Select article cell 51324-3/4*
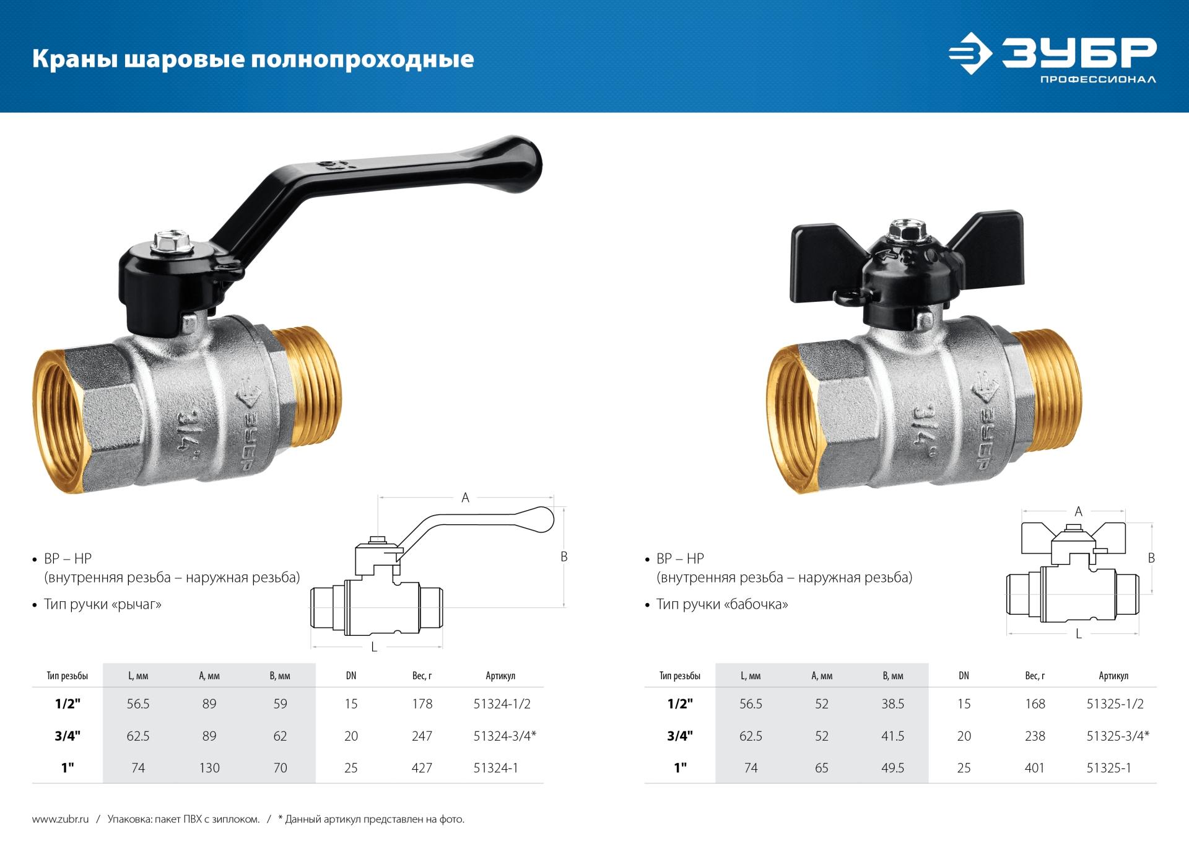pyautogui.click(x=504, y=736)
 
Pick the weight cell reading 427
pyautogui.click(x=422, y=768)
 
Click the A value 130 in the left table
pyautogui.click(x=209, y=768)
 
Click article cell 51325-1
pyautogui.click(x=1108, y=768)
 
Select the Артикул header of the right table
pyautogui.click(x=1113, y=676)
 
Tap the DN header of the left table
pyautogui.click(x=351, y=676)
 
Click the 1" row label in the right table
pyautogui.click(x=680, y=768)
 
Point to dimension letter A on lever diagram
pyautogui.click(x=465, y=498)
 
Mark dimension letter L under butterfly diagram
pyautogui.click(x=1078, y=634)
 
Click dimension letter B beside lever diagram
pyautogui.click(x=564, y=557)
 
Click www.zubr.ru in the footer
pyautogui.click(x=60, y=819)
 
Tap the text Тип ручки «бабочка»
pyautogui.click(x=722, y=604)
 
